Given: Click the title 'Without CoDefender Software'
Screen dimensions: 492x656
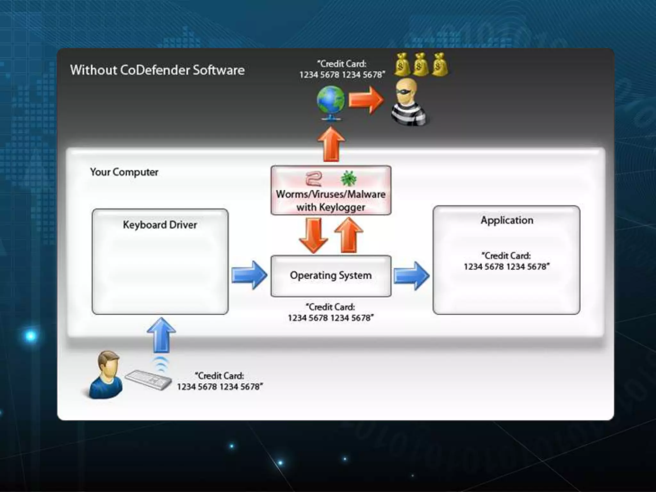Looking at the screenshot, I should pos(157,70).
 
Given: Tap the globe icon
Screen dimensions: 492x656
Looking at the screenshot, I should pos(331,102).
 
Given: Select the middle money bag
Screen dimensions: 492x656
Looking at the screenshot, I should pos(420,65).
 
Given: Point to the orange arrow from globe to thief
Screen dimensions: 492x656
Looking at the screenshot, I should pos(366,100).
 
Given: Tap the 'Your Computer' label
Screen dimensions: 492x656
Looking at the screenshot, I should pos(124,172).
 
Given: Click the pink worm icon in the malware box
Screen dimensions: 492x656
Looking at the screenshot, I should pos(313,179).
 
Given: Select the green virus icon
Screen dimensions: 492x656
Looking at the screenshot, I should pos(348,178).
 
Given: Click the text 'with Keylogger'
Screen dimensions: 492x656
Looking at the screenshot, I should pos(331,207).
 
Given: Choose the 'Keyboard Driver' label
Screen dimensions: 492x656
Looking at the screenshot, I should pos(160,225).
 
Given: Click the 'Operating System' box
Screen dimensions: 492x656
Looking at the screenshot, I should pos(331,276).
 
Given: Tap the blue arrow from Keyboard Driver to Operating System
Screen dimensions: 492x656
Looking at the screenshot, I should pos(249,275).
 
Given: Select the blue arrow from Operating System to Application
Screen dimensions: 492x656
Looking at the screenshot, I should pos(411,276).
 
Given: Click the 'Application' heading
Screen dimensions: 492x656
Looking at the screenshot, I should pos(507,220).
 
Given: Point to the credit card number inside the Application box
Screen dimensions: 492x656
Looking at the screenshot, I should pos(506,266).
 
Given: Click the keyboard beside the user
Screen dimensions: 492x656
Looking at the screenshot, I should pos(148,380).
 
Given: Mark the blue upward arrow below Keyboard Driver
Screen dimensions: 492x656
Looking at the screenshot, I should pos(161,335).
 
